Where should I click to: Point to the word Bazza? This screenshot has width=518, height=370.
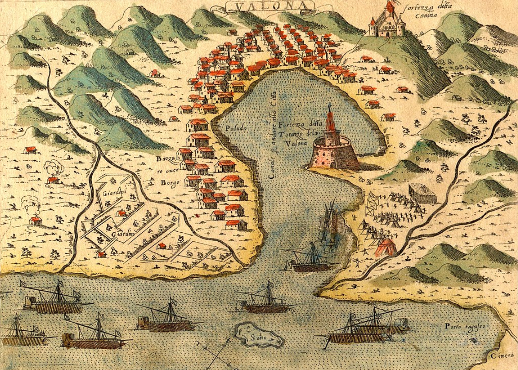tap(165, 159)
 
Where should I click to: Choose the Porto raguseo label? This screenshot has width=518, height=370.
tap(463, 326)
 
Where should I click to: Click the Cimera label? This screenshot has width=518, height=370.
tap(502, 354)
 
